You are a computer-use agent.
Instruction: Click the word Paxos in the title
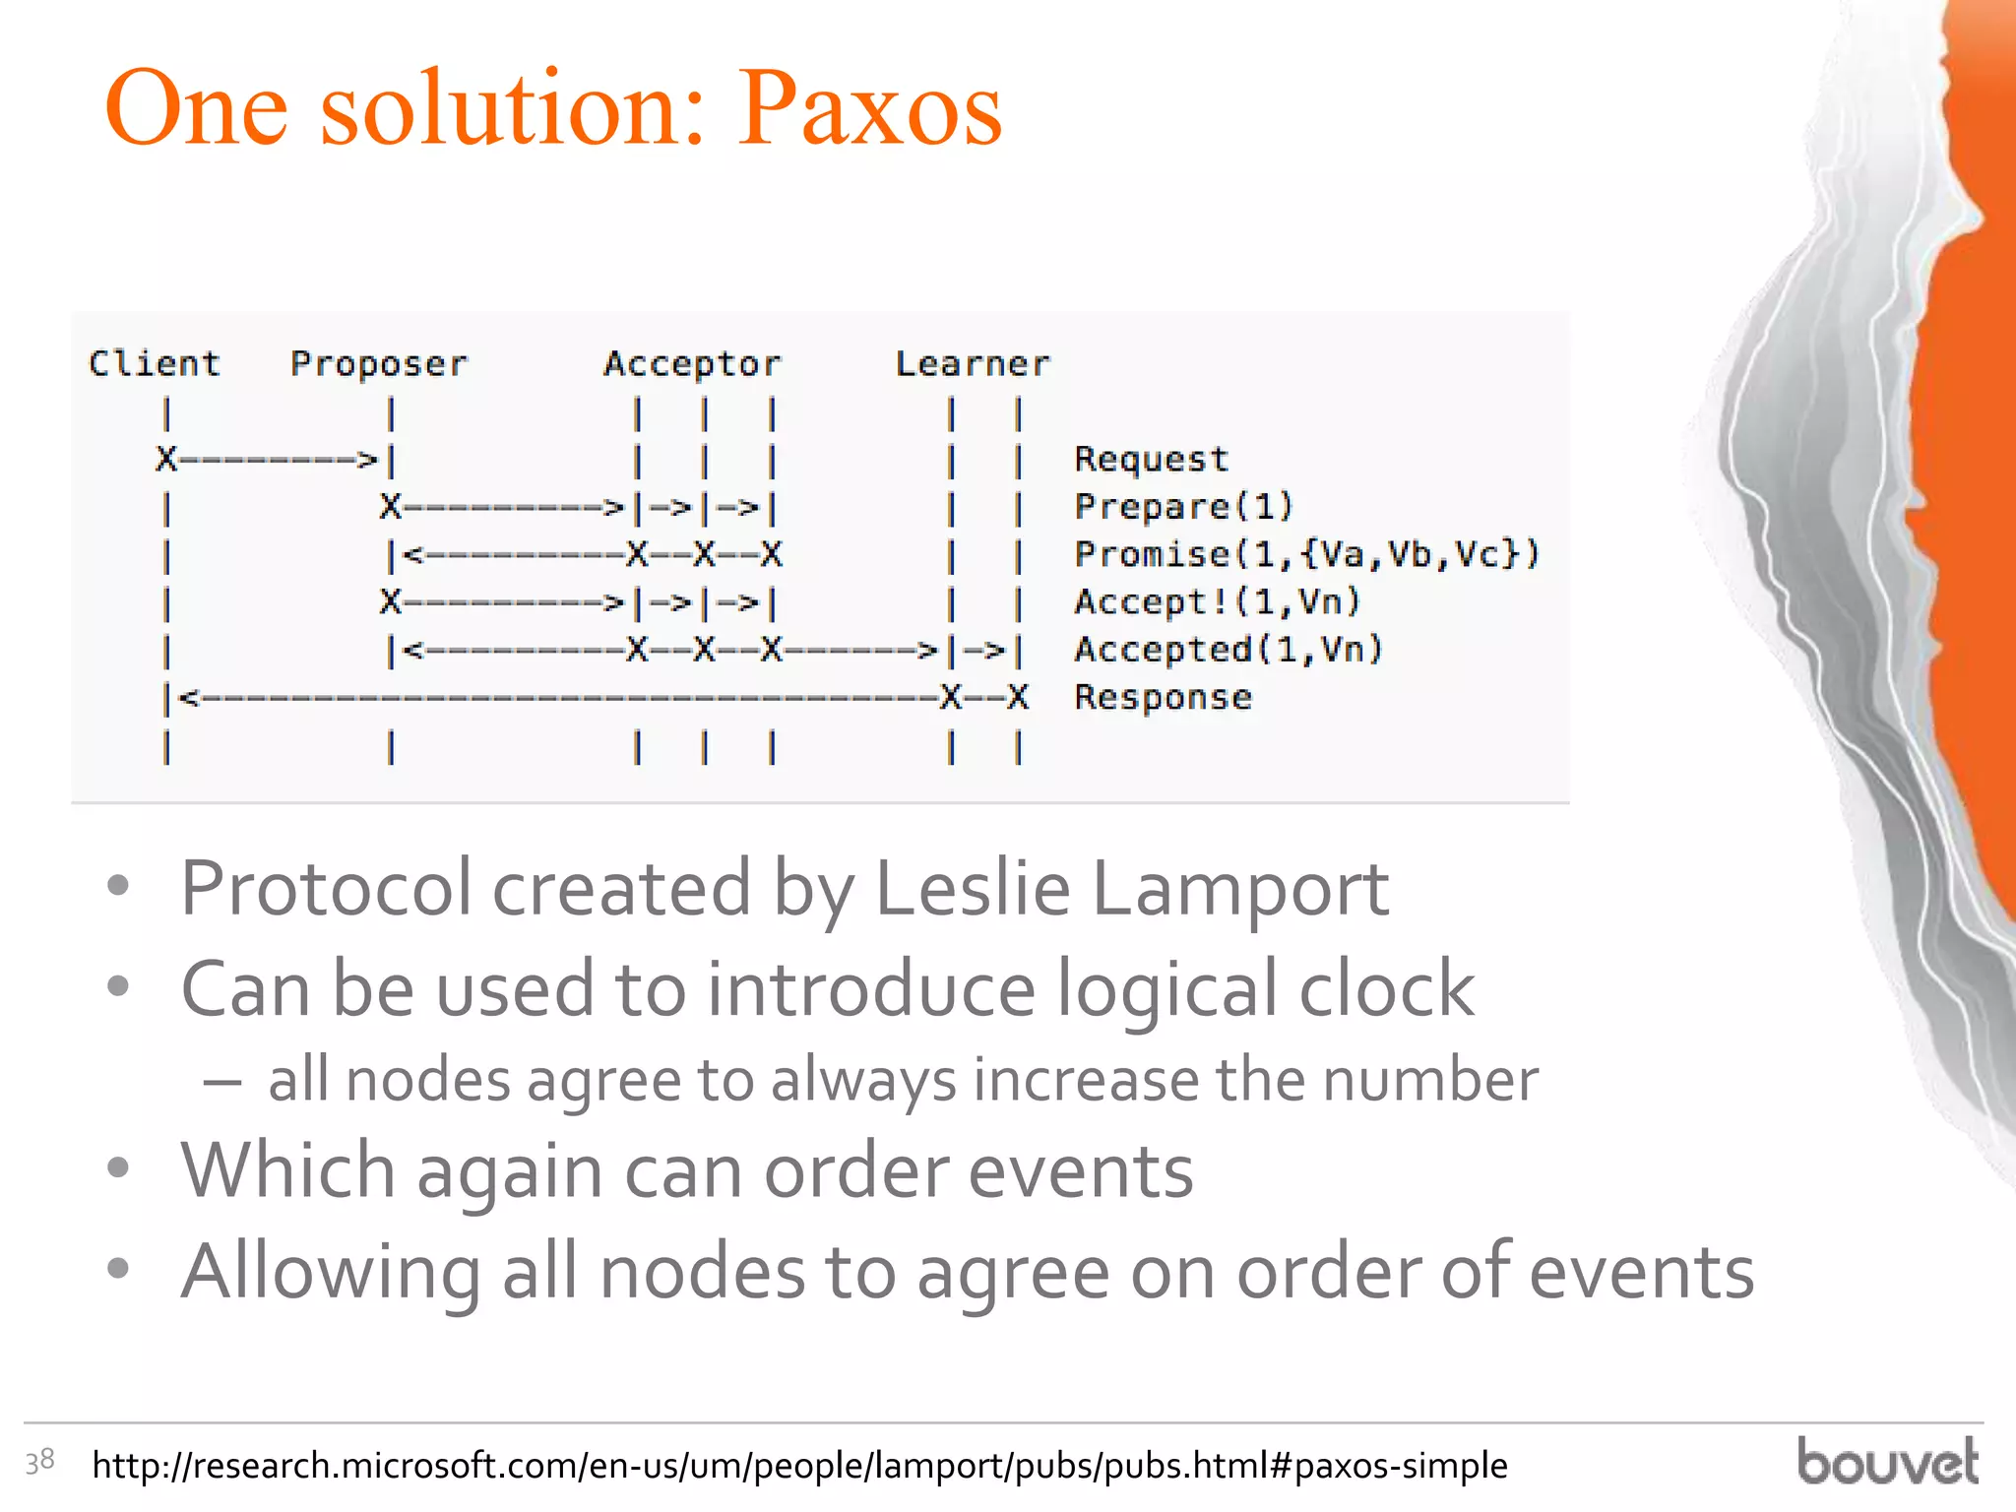(870, 109)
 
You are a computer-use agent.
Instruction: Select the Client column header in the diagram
(155, 363)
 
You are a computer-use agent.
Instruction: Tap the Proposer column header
(379, 364)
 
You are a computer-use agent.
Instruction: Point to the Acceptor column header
(692, 364)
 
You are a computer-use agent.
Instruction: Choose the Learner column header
(973, 364)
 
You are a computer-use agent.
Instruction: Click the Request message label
(1151, 459)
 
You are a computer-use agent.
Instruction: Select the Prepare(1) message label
(1183, 506)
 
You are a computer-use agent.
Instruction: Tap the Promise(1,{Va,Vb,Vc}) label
(1306, 553)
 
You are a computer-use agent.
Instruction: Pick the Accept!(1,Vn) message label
(1218, 600)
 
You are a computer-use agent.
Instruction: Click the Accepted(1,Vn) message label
(1228, 649)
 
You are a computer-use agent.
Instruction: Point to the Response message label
(1163, 697)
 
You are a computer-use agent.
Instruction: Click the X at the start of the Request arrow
(166, 459)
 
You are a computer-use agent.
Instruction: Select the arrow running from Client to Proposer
(276, 459)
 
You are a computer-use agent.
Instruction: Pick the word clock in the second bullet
(1386, 988)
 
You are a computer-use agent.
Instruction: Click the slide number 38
(39, 1461)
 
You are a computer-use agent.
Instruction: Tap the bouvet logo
(1887, 1461)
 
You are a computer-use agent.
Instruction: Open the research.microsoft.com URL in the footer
(799, 1466)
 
